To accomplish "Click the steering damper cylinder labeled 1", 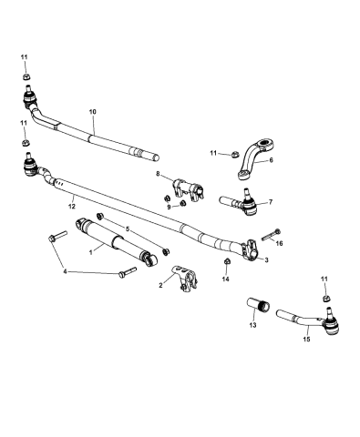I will (118, 244).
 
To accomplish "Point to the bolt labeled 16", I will (267, 239).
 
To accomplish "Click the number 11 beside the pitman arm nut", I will (213, 153).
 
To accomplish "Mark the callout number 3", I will (265, 260).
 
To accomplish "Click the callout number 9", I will (158, 206).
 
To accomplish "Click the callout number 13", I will (252, 325).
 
